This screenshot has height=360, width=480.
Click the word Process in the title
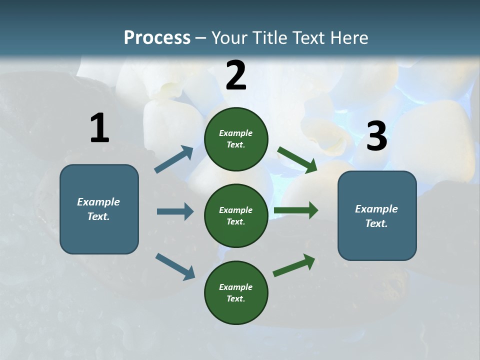click(x=157, y=37)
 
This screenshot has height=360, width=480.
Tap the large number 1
click(x=99, y=128)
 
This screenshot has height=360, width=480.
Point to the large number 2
click(x=236, y=75)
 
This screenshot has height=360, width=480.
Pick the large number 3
click(x=377, y=136)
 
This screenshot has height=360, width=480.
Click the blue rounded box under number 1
click(x=99, y=209)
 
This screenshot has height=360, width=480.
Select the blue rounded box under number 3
click(x=377, y=215)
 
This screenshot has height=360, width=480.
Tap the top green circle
click(x=236, y=139)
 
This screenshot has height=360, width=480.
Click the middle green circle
click(x=236, y=215)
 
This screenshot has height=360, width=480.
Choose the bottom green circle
click(x=236, y=292)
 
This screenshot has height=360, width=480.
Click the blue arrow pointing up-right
click(x=174, y=159)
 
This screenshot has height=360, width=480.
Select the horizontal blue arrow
click(x=175, y=211)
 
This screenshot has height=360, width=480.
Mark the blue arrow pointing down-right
click(x=175, y=266)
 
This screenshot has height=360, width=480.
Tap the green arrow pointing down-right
click(x=297, y=160)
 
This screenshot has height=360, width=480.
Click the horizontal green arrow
click(x=296, y=210)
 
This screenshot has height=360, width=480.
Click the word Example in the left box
click(x=98, y=202)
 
